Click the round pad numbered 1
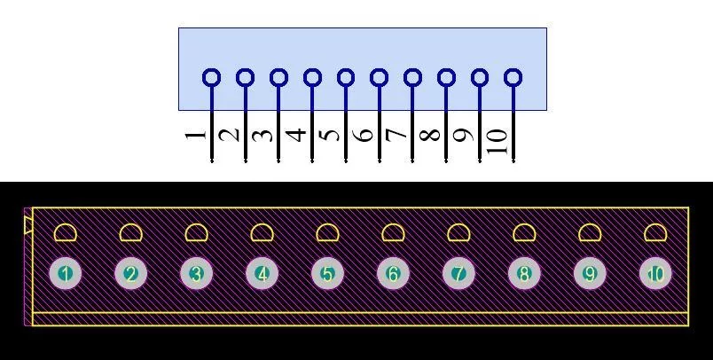66,274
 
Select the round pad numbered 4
262,274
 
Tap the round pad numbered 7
458,274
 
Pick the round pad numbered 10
655,274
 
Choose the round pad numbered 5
327,274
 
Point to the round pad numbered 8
524,274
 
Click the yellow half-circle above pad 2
131,240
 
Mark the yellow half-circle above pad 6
394,240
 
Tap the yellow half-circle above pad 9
590,240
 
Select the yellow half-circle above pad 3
197,240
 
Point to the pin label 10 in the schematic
497,141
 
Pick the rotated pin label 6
366,135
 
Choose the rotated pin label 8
432,135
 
